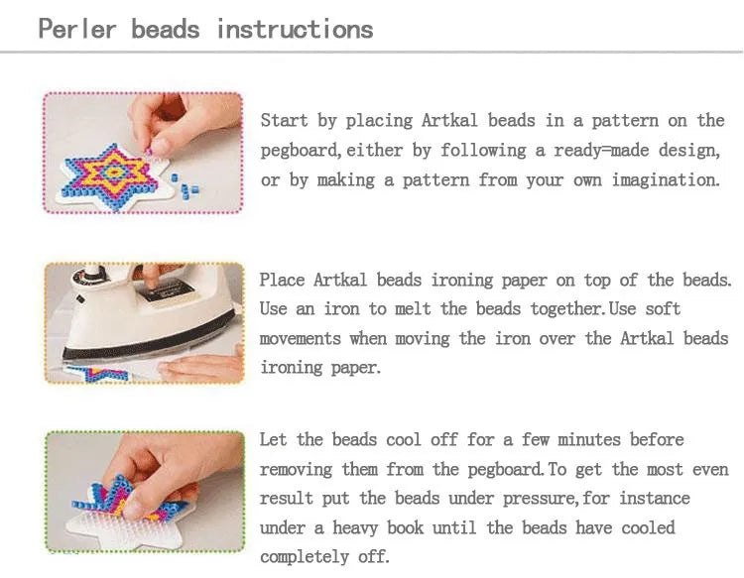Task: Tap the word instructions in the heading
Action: pos(295,28)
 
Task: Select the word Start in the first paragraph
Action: pos(285,121)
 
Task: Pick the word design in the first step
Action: pos(686,151)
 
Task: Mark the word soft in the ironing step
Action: pos(661,309)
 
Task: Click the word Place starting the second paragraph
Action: pos(283,281)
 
